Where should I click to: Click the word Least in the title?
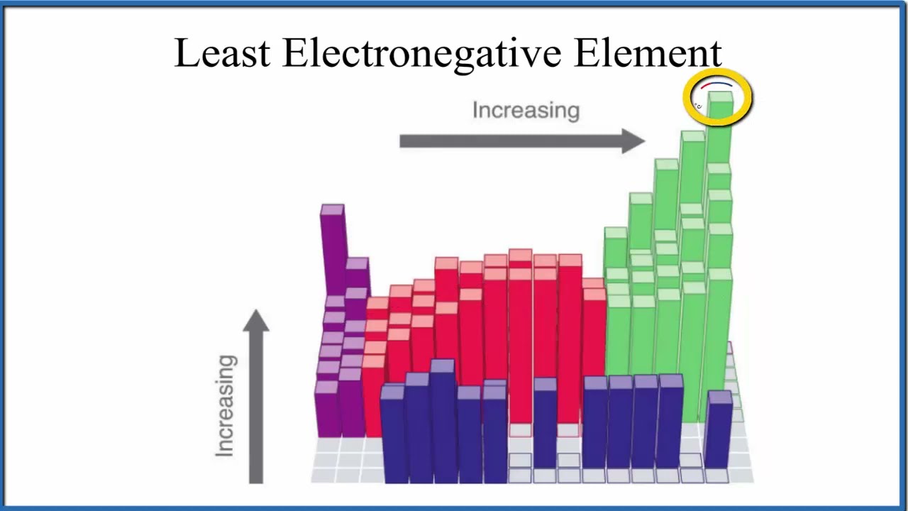(221, 53)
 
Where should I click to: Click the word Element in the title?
(648, 53)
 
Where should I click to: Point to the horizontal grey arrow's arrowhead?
(633, 141)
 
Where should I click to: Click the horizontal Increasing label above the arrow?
(526, 111)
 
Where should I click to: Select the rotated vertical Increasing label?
(226, 405)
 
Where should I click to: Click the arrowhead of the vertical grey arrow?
(256, 322)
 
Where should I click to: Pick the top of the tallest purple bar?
(332, 211)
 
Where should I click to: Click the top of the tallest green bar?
(721, 98)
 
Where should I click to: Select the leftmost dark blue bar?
(392, 433)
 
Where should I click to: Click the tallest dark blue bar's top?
(442, 367)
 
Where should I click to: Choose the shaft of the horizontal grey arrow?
(511, 141)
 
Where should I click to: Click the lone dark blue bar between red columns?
(545, 426)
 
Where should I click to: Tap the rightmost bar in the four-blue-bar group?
(670, 426)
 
